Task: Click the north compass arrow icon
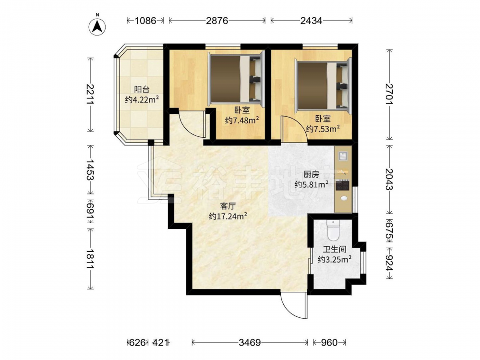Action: tap(97, 26)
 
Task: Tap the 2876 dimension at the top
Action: tap(217, 21)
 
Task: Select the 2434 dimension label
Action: tap(312, 21)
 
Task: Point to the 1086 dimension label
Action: tap(146, 21)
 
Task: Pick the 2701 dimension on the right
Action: tap(389, 94)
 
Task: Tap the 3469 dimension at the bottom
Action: tap(250, 342)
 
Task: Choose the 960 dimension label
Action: tap(329, 342)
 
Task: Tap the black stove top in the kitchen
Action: tap(343, 185)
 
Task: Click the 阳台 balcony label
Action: tap(142, 90)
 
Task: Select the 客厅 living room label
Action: tap(228, 206)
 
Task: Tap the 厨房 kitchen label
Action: tap(312, 175)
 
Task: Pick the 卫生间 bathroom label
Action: tap(334, 250)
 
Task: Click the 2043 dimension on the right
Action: tap(389, 180)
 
